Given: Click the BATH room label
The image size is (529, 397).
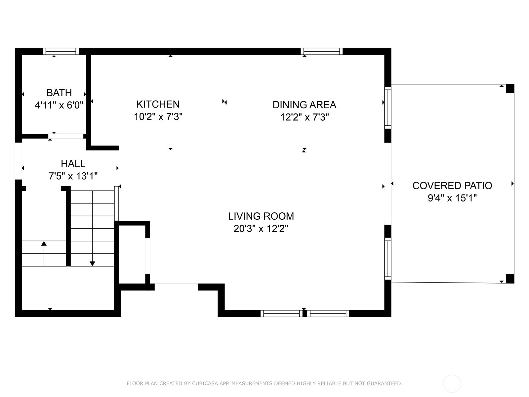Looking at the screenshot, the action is click(59, 93).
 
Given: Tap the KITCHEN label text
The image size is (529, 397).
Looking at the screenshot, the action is click(158, 104).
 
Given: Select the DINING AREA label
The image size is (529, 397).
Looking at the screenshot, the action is click(305, 105).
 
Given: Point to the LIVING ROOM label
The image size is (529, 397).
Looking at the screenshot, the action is click(261, 216).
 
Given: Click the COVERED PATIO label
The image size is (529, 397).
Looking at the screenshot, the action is click(452, 186).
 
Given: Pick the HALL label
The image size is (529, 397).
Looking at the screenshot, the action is click(73, 164).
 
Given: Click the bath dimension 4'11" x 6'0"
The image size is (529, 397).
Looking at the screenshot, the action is click(59, 105).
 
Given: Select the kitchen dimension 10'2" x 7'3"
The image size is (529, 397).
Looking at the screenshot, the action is click(158, 117).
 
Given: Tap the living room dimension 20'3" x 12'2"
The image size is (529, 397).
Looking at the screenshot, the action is click(261, 229).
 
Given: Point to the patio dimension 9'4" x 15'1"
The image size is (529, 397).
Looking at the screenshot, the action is click(452, 198).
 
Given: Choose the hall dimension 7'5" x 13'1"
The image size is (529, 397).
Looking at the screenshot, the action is click(73, 176).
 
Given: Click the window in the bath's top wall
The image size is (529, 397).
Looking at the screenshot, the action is click(61, 51).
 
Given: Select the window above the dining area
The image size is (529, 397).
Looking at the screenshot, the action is click(322, 51).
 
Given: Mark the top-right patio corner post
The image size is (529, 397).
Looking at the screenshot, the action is click(510, 89).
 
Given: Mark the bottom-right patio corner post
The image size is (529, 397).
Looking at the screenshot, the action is click(510, 279).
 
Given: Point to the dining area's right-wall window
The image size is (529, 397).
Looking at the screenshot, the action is click(387, 108).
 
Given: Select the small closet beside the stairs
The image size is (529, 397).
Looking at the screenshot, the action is click(132, 254).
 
